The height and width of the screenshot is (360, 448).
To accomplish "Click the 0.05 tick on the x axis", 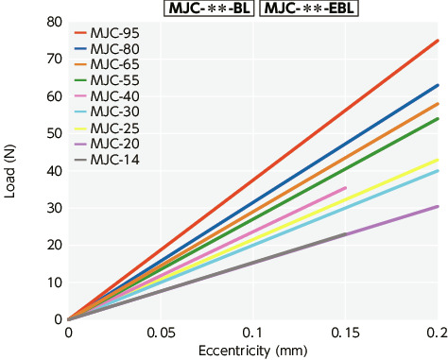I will pos(161,334).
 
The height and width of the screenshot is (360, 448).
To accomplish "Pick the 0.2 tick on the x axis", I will pos(436,334).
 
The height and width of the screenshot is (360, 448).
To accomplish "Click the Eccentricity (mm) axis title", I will pos(253,351).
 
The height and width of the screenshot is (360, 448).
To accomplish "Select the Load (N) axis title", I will pos(12,170).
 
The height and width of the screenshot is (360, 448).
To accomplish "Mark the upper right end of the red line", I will pos(438,41).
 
